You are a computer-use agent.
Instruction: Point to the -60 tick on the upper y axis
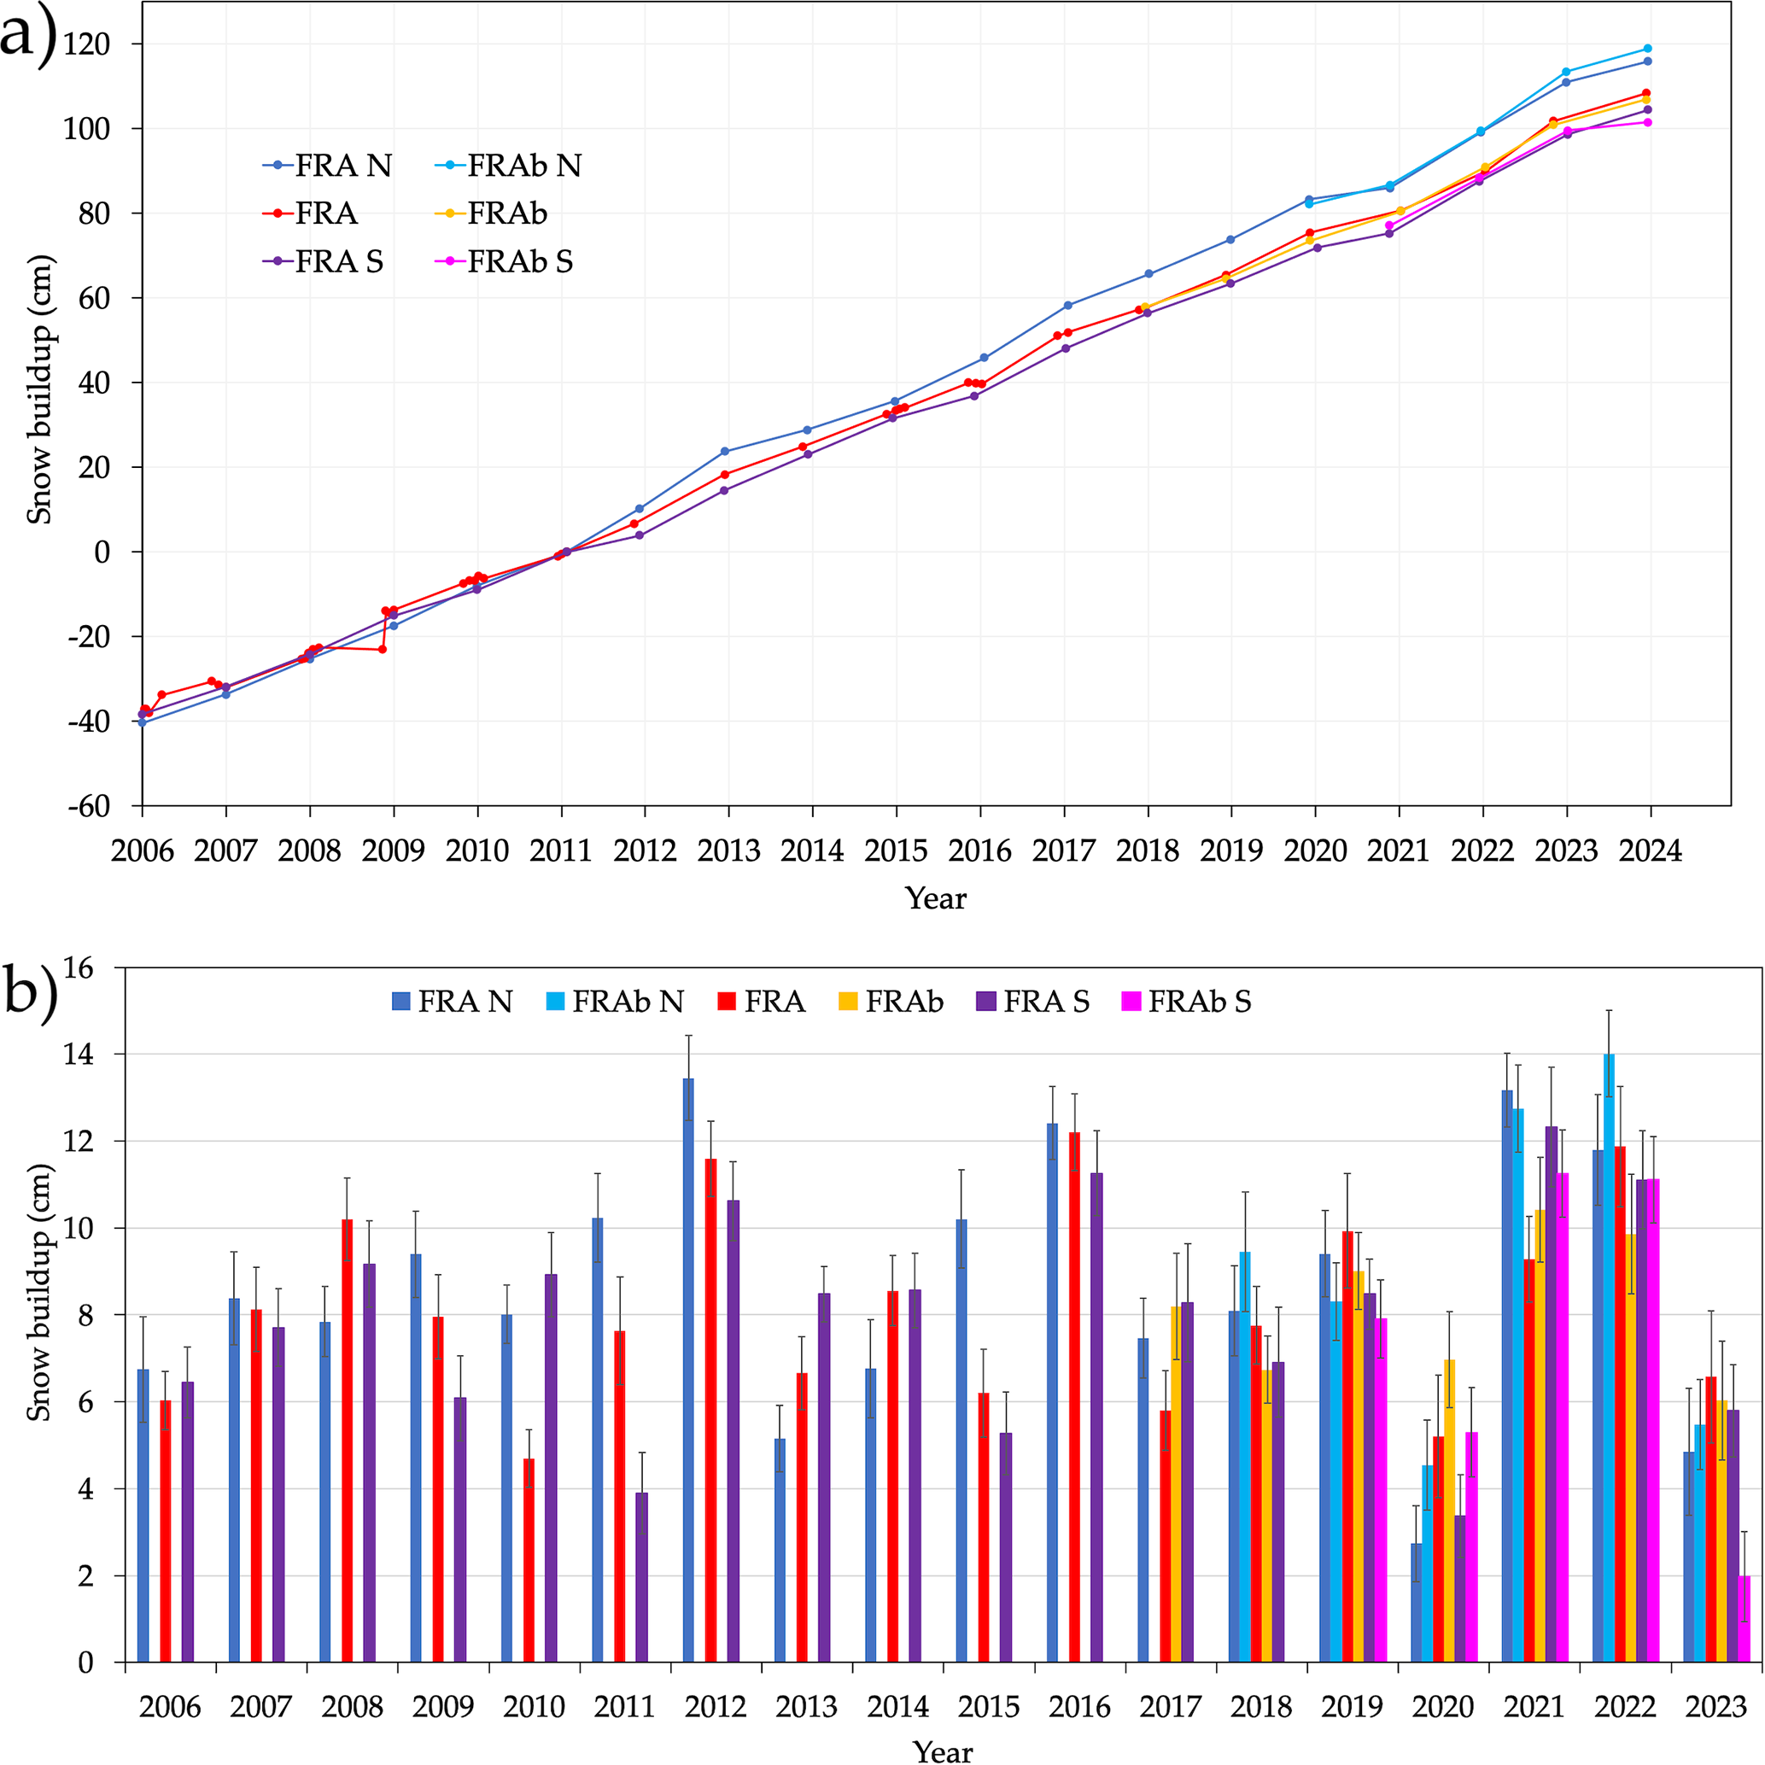tap(89, 806)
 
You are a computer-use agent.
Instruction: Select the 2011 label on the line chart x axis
tap(560, 851)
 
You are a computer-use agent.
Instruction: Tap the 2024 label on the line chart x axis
tap(1650, 851)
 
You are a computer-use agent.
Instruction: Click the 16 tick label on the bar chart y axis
tap(79, 968)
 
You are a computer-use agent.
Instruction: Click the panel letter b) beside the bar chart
tap(30, 991)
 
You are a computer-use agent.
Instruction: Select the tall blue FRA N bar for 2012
tap(689, 1371)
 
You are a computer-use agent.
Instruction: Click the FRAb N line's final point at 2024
tap(1647, 49)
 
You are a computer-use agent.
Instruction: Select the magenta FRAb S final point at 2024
tap(1647, 122)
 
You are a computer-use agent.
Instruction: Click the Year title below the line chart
tap(936, 899)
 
